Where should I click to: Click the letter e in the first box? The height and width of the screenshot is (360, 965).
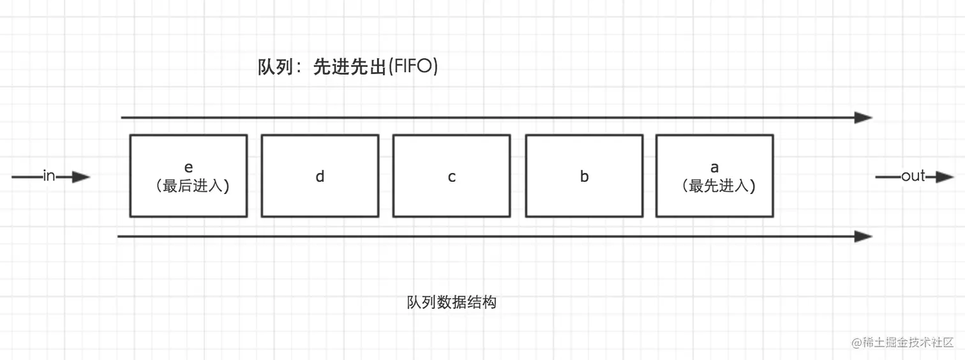click(188, 167)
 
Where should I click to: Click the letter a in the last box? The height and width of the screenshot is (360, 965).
click(714, 167)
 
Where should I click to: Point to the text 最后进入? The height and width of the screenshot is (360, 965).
click(192, 186)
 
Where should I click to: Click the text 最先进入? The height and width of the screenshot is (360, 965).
click(719, 186)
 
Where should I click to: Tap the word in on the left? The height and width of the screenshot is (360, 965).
click(49, 176)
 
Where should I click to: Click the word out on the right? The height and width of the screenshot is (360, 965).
click(913, 176)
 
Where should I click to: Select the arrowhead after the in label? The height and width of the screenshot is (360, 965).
click(81, 177)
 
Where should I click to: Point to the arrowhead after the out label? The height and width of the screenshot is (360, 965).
click(945, 177)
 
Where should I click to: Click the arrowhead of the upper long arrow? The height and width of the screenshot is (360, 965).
click(863, 117)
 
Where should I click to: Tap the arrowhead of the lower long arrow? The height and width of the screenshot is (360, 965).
click(863, 237)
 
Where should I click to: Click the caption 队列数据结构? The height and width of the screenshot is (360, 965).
click(451, 303)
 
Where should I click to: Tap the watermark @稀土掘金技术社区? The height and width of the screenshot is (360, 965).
click(902, 342)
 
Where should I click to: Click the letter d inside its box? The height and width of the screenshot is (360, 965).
click(320, 177)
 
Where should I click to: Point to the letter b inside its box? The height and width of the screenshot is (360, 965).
click(584, 177)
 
